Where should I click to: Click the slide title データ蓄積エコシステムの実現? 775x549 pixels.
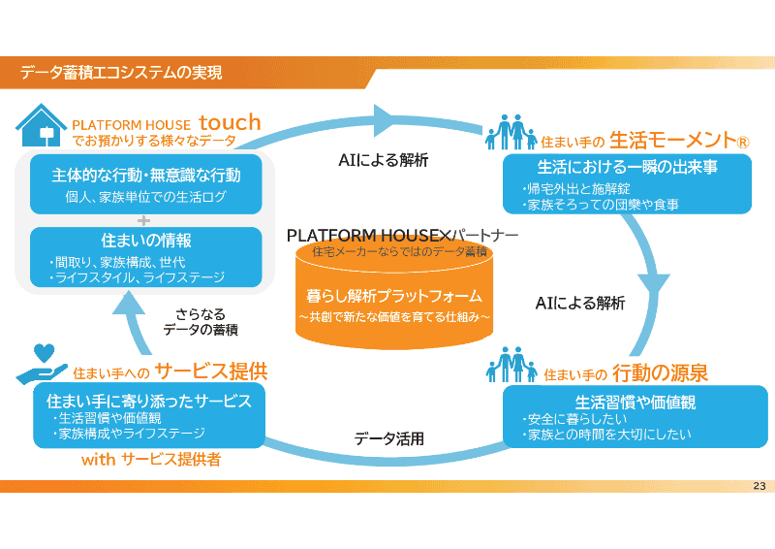point(122,72)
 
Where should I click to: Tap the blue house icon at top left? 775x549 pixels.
point(41,125)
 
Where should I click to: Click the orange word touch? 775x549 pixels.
point(230,122)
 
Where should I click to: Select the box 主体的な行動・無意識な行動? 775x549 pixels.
point(145,183)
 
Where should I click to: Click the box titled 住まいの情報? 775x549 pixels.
point(145,257)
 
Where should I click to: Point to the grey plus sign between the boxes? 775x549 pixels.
point(145,220)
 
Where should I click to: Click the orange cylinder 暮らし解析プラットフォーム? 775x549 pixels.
point(393,296)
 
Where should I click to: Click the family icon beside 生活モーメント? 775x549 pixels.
point(511,133)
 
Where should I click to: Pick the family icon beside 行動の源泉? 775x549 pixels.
point(511,366)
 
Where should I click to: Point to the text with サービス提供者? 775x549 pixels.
point(150,460)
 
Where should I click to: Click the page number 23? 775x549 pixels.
point(759,486)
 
